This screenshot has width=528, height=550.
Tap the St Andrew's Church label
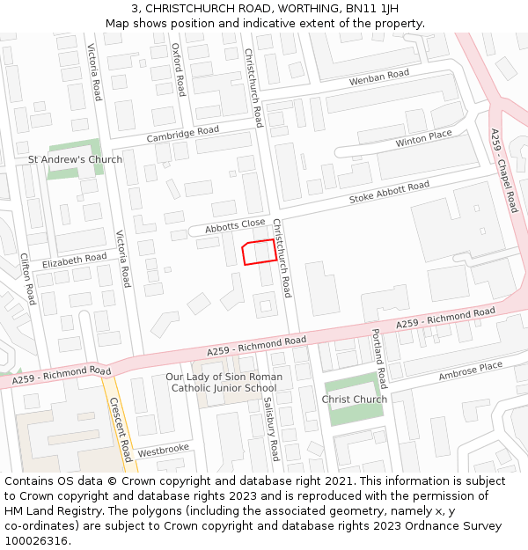(76, 159)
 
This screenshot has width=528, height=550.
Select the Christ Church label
(354, 400)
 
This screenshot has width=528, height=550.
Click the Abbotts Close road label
(235, 225)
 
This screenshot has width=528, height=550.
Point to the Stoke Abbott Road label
(389, 192)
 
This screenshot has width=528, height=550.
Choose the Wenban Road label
(379, 78)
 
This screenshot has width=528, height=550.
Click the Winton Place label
(423, 138)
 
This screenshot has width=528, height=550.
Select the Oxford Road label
(179, 70)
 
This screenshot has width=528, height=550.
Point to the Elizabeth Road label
(74, 260)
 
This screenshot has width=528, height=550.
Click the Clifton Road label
(27, 279)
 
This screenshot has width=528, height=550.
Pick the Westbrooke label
(164, 450)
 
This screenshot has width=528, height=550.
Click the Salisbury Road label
(271, 429)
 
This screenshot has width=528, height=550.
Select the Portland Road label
(378, 359)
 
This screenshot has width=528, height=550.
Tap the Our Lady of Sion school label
(224, 382)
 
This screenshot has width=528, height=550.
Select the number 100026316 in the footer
(36, 540)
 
